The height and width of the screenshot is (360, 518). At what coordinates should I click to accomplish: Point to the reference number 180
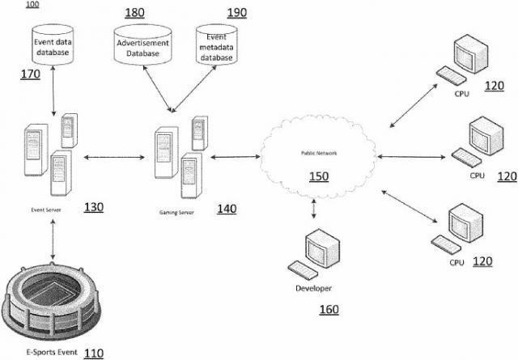pyautogui.click(x=135, y=13)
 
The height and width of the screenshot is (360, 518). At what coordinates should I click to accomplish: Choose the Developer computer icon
pyautogui.click(x=312, y=254)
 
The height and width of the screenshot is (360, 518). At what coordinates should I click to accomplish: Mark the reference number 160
pyautogui.click(x=329, y=309)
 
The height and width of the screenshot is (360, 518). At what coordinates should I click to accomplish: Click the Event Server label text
pyautogui.click(x=47, y=209)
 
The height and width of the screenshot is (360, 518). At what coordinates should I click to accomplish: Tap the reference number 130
pyautogui.click(x=93, y=207)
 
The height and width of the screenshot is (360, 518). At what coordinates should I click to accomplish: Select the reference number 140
pyautogui.click(x=227, y=209)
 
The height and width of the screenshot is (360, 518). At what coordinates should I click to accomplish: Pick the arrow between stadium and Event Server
pyautogui.click(x=53, y=239)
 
